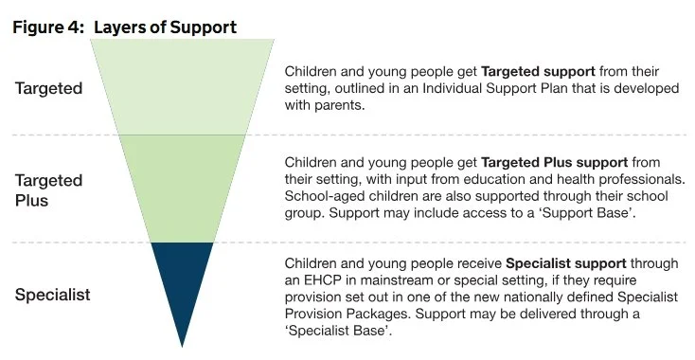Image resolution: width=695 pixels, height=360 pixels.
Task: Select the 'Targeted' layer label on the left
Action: (48, 89)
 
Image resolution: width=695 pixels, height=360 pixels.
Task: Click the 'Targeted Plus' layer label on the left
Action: (48, 189)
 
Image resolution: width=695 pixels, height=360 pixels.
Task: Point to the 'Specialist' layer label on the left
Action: (52, 295)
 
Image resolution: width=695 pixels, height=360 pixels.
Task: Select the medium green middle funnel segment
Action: (183, 188)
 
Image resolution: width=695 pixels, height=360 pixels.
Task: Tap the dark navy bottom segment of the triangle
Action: (183, 279)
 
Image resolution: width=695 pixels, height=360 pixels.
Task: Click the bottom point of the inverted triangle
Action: (183, 344)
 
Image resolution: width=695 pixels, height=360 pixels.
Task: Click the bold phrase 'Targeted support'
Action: (537, 72)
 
